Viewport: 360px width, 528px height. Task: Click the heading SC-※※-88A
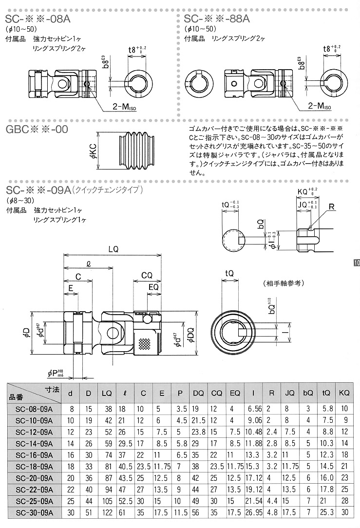click(x=217, y=19)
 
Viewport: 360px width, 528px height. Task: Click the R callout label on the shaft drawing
click(x=332, y=208)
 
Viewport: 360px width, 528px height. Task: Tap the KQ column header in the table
click(x=344, y=393)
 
